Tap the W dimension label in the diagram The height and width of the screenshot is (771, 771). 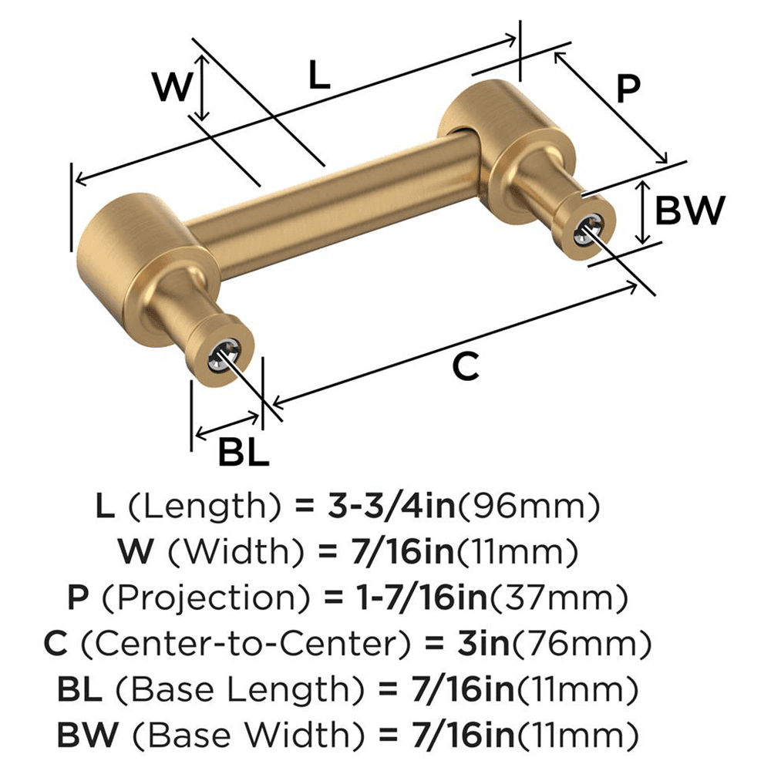[x=170, y=87]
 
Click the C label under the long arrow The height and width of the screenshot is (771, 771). [x=466, y=367]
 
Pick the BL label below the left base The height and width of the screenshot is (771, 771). [x=243, y=453]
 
